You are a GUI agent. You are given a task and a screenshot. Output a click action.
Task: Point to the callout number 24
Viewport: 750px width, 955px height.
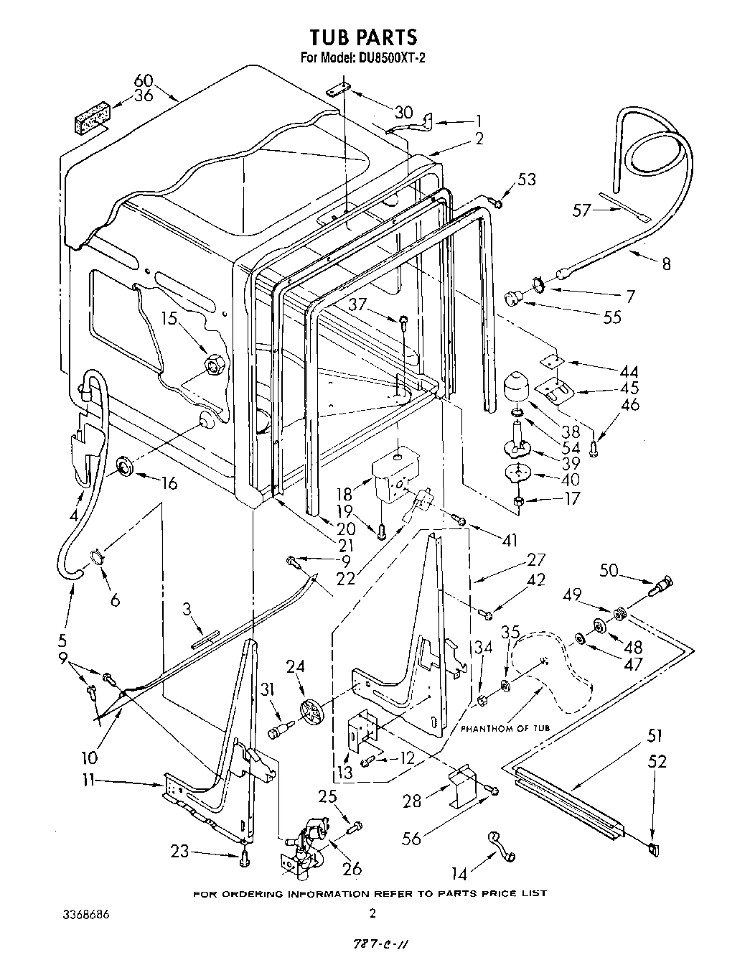click(x=296, y=667)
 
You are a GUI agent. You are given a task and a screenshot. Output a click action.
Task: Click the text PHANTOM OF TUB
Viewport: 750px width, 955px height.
click(x=505, y=728)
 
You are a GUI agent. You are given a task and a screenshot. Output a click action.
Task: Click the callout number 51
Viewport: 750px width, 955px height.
click(x=654, y=736)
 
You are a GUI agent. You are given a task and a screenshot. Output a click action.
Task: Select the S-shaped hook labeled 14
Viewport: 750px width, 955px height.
click(x=500, y=844)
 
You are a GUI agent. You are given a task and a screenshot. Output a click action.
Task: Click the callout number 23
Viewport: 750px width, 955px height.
click(x=180, y=852)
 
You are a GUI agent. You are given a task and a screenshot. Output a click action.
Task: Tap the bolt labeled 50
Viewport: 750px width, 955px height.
click(x=662, y=584)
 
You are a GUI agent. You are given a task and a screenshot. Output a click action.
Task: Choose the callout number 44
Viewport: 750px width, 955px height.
click(x=629, y=372)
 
